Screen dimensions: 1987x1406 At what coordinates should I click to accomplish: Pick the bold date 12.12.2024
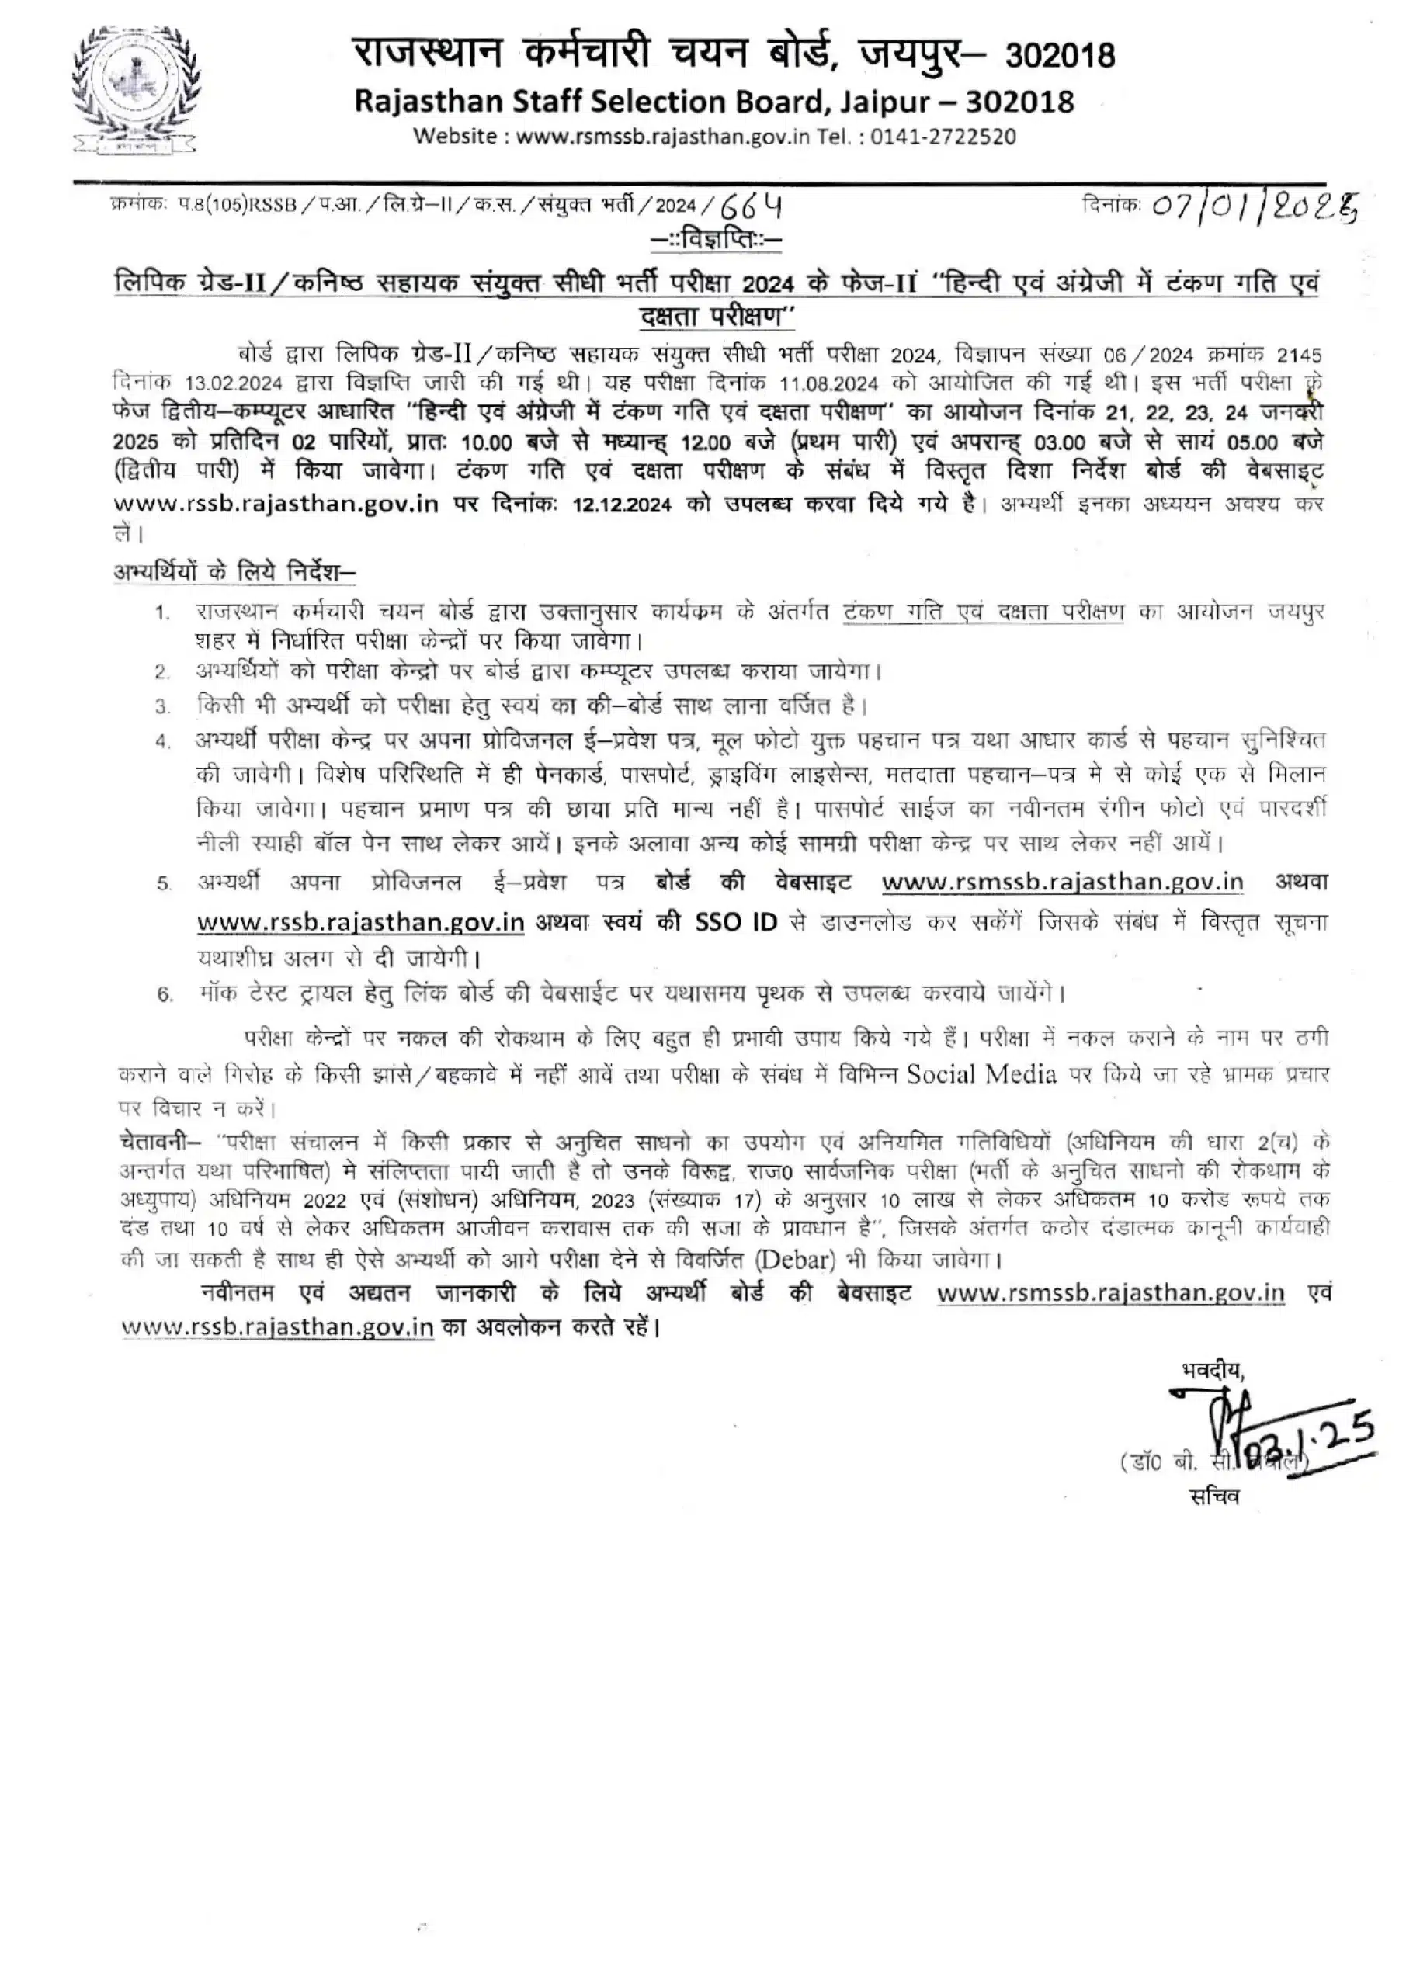[x=622, y=505]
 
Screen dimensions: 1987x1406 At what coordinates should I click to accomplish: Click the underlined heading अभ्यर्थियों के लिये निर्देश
[x=234, y=572]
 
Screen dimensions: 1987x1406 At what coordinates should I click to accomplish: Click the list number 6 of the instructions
[x=165, y=994]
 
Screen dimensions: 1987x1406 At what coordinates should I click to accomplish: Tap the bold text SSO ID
[x=736, y=923]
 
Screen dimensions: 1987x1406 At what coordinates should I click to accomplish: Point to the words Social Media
[x=981, y=1075]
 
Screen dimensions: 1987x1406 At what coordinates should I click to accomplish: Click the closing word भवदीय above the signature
[x=1212, y=1370]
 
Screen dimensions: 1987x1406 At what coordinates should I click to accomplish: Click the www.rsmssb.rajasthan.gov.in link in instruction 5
[x=1062, y=883]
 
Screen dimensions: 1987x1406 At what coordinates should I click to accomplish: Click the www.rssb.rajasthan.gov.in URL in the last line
[x=277, y=1326]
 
